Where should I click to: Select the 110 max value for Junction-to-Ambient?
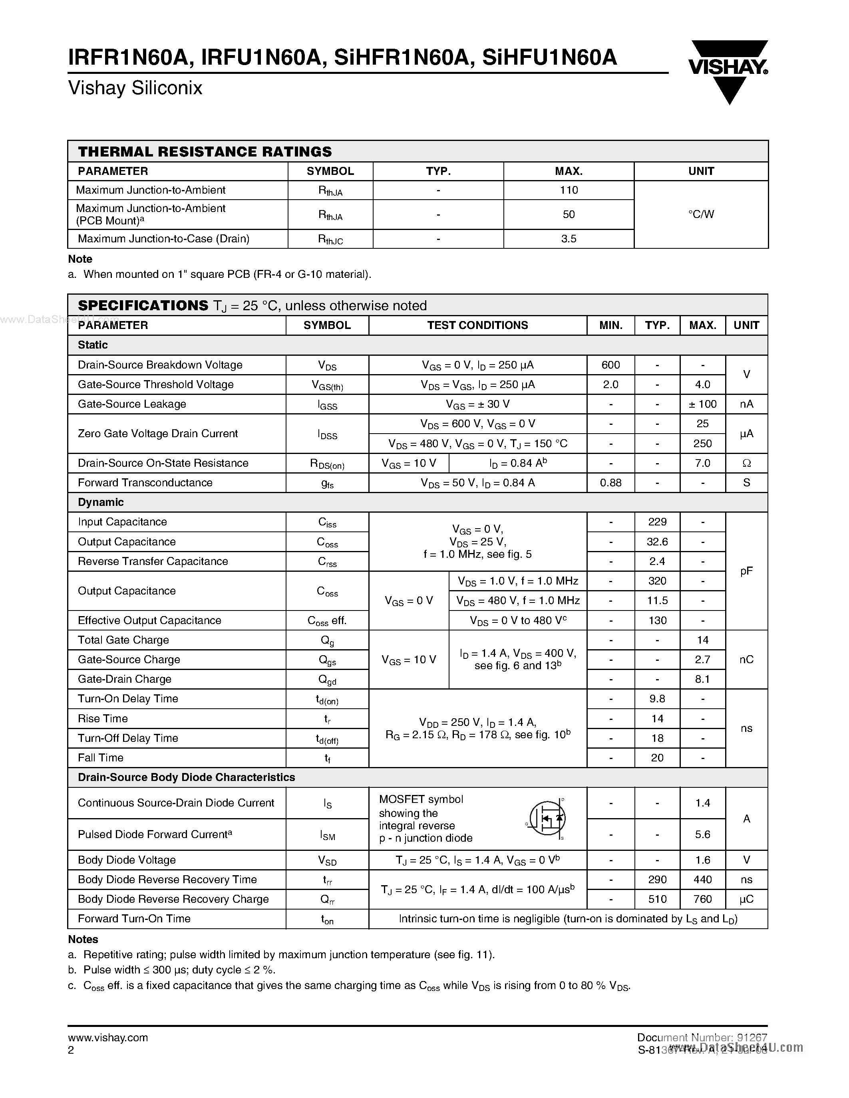coord(569,190)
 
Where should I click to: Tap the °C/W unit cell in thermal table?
coord(701,214)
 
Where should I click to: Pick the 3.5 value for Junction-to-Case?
coord(569,239)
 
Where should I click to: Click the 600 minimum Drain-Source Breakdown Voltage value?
coord(610,365)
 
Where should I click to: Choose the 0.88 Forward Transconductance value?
coord(610,483)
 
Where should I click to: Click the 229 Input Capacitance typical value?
coord(657,522)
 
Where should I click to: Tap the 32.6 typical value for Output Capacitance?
coord(657,541)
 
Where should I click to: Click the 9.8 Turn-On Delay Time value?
coord(657,699)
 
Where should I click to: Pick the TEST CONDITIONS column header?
coord(477,325)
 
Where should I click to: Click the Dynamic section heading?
coord(101,502)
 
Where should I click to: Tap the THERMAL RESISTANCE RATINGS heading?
coord(205,151)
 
